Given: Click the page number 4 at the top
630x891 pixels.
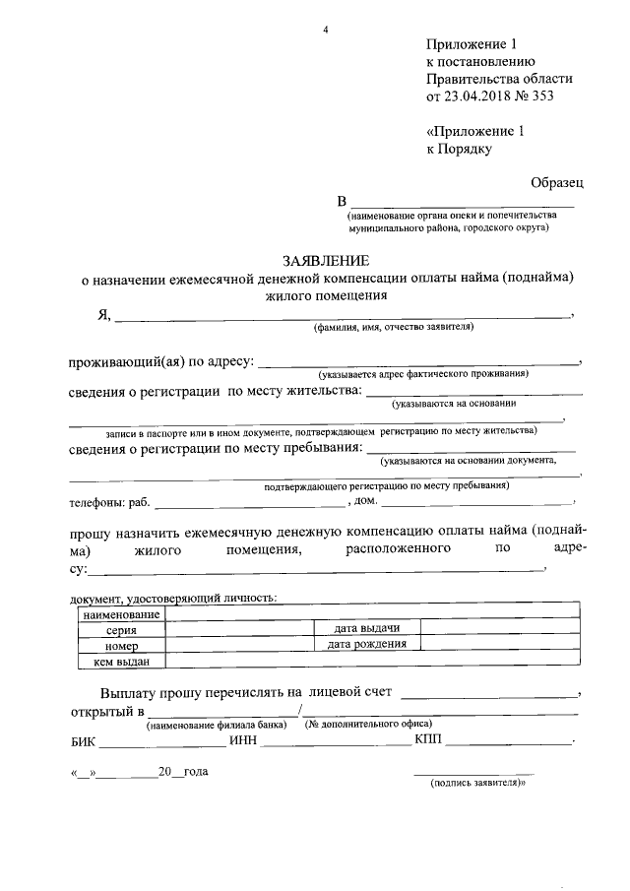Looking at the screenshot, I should (x=325, y=29).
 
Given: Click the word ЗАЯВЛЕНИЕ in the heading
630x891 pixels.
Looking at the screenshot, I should (x=326, y=261).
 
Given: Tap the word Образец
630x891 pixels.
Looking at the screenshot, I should (x=557, y=182).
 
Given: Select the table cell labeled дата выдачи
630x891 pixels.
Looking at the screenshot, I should (x=366, y=628).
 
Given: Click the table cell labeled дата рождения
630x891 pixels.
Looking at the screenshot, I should (x=366, y=644).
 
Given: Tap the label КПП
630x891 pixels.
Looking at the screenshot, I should (x=429, y=739).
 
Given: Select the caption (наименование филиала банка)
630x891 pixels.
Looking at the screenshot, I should (x=217, y=726).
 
